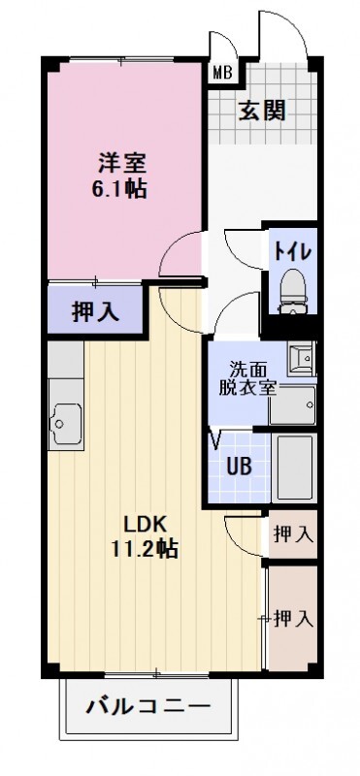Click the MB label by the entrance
[221, 72]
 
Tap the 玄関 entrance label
[262, 111]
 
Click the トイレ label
[291, 250]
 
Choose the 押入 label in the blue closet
[94, 312]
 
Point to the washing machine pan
[293, 405]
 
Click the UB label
[239, 465]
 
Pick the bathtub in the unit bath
[293, 465]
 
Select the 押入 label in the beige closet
[292, 617]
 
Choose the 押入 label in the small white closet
[292, 533]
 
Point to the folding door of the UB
[216, 441]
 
